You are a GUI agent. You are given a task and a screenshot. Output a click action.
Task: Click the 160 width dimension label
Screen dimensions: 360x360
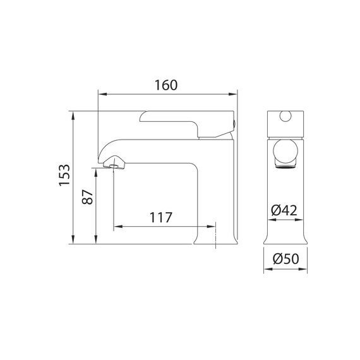tap(166, 85)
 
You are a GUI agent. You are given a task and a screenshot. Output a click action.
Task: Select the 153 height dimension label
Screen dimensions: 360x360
tap(64, 175)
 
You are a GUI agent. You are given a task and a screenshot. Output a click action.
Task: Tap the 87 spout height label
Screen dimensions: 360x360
tap(88, 197)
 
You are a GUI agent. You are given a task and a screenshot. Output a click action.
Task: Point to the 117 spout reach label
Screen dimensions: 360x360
tap(160, 217)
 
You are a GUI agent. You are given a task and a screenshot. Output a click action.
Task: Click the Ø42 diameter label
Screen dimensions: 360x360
tap(284, 210)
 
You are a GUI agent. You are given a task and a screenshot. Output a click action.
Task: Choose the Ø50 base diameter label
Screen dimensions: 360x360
tap(286, 259)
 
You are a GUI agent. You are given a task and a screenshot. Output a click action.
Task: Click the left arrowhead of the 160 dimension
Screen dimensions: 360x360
tap(102, 94)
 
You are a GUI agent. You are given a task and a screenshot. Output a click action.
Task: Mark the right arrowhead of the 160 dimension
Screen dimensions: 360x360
tap(232, 94)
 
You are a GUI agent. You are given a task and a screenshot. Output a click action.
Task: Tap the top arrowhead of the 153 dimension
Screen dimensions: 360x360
tap(73, 116)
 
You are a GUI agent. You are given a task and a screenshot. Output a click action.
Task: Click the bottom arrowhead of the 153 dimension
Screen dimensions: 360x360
tap(73, 239)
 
